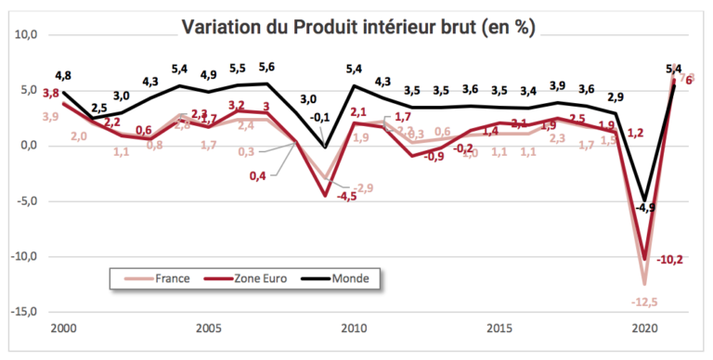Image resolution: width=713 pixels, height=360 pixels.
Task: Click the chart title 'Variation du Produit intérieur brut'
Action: coord(357,25)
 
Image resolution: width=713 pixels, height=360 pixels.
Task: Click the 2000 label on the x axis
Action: coord(63,328)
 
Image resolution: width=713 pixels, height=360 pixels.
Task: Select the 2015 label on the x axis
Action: coord(498,328)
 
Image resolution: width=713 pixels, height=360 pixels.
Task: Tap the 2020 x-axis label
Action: coord(642,328)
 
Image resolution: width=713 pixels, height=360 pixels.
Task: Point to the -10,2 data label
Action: coord(672,260)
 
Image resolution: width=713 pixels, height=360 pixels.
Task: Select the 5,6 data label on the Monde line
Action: coord(267,67)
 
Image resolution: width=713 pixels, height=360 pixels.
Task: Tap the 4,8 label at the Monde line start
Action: coord(63,75)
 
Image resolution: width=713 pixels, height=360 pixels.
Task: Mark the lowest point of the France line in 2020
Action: coord(642,283)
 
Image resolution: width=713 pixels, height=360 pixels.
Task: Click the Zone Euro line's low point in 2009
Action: coord(324,195)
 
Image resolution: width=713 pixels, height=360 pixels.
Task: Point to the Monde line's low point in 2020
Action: coord(642,199)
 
